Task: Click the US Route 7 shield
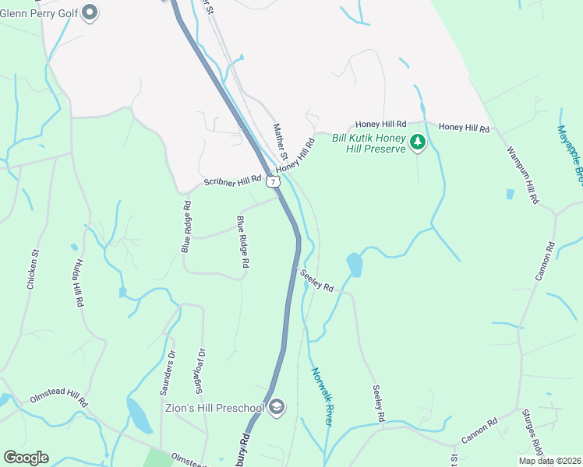click(x=272, y=181)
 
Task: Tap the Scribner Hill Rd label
click(x=232, y=181)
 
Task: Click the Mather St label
click(x=281, y=140)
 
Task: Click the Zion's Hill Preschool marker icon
click(x=277, y=406)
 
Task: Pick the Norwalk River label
click(x=322, y=396)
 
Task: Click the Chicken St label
click(x=33, y=269)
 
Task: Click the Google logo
click(x=26, y=458)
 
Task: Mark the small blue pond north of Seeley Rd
click(x=355, y=265)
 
